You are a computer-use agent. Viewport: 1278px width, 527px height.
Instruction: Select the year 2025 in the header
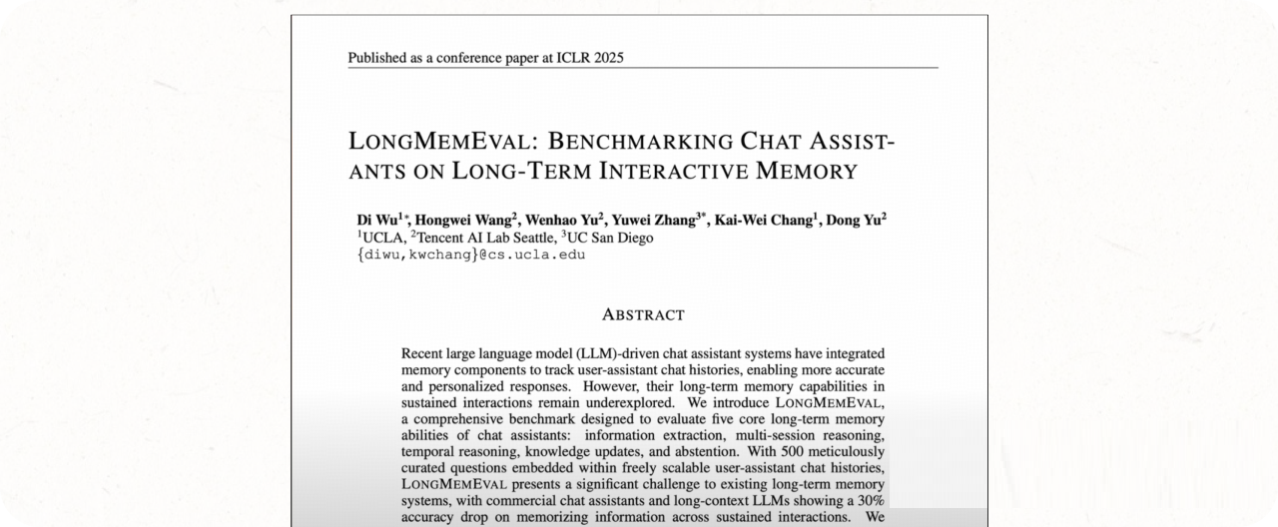(x=608, y=58)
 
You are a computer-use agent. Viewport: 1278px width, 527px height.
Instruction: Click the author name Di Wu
(x=376, y=221)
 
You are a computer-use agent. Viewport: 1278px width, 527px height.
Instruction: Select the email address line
(x=470, y=255)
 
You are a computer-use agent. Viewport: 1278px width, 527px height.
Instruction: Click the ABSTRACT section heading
(x=643, y=315)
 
